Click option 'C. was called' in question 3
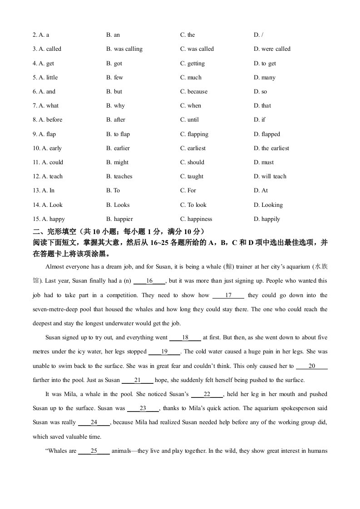tap(197, 49)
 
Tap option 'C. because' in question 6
tap(194, 92)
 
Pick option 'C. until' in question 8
tap(189, 120)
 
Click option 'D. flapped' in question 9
tap(267, 134)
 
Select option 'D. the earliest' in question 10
tap(271, 148)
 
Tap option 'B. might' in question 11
tap(117, 162)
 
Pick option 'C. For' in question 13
tap(188, 191)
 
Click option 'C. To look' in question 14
tap(193, 205)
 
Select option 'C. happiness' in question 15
tap(196, 219)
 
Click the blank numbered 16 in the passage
tap(149, 281)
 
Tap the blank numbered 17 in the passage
tap(228, 295)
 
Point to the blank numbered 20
tap(311, 366)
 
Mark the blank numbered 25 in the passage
tap(94, 451)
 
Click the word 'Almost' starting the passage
tap(55, 267)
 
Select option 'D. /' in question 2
tap(258, 35)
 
